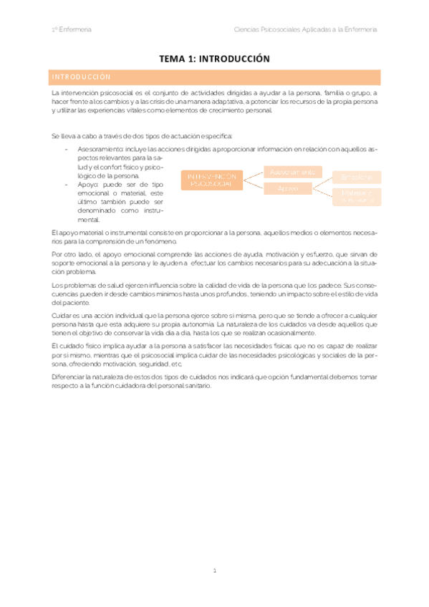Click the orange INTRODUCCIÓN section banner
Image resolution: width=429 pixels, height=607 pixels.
tap(214, 77)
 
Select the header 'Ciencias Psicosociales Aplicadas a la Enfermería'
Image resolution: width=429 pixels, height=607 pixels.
tap(306, 29)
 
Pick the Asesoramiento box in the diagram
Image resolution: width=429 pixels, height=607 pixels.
tap(294, 172)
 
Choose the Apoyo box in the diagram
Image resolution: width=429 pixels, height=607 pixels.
tap(288, 188)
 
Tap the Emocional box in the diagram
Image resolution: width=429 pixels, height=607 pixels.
tap(357, 177)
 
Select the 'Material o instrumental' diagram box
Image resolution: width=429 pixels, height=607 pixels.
tap(357, 196)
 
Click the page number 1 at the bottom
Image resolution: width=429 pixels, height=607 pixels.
tap(214, 571)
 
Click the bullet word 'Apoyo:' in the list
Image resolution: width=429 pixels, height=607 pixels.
tap(88, 185)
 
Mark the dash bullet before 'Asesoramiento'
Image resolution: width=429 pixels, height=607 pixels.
tap(67, 149)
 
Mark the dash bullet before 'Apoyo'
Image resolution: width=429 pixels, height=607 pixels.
tap(67, 185)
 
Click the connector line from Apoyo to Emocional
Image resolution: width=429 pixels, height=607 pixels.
tap(322, 183)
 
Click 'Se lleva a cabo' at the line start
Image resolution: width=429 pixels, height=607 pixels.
tap(72, 136)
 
